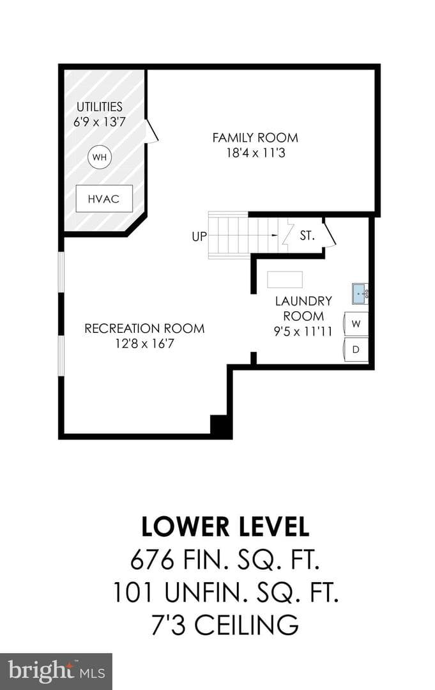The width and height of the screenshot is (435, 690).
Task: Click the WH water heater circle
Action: pyautogui.click(x=100, y=157)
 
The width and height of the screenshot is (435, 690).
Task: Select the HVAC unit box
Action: pyautogui.click(x=104, y=199)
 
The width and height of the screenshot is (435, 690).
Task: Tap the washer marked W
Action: pyautogui.click(x=356, y=324)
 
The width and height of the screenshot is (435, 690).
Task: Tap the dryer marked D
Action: pyautogui.click(x=356, y=349)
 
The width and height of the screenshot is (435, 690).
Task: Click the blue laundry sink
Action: pyautogui.click(x=360, y=293)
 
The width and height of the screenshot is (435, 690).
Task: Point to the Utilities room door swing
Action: pyautogui.click(x=152, y=131)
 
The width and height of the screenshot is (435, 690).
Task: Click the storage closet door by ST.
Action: pyautogui.click(x=330, y=234)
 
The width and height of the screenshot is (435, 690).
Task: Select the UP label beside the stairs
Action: pyautogui.click(x=199, y=236)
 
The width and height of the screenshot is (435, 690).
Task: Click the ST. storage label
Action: pyautogui.click(x=307, y=235)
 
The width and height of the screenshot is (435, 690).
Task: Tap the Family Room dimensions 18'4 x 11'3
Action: pyautogui.click(x=256, y=153)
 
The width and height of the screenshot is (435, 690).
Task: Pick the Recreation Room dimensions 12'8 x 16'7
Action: pyautogui.click(x=145, y=343)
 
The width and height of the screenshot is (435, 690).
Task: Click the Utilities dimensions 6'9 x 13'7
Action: pyautogui.click(x=100, y=121)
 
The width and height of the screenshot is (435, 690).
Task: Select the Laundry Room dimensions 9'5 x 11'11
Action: pyautogui.click(x=303, y=331)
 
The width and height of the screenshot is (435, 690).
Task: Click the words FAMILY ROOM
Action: pyautogui.click(x=255, y=138)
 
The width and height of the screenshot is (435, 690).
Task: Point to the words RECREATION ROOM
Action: pyautogui.click(x=144, y=328)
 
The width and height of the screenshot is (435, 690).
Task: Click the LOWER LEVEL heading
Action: pyautogui.click(x=225, y=526)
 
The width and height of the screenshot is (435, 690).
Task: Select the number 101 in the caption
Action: pyautogui.click(x=132, y=592)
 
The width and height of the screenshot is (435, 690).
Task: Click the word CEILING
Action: pyautogui.click(x=247, y=624)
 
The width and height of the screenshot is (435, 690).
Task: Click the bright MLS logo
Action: pyautogui.click(x=56, y=671)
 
